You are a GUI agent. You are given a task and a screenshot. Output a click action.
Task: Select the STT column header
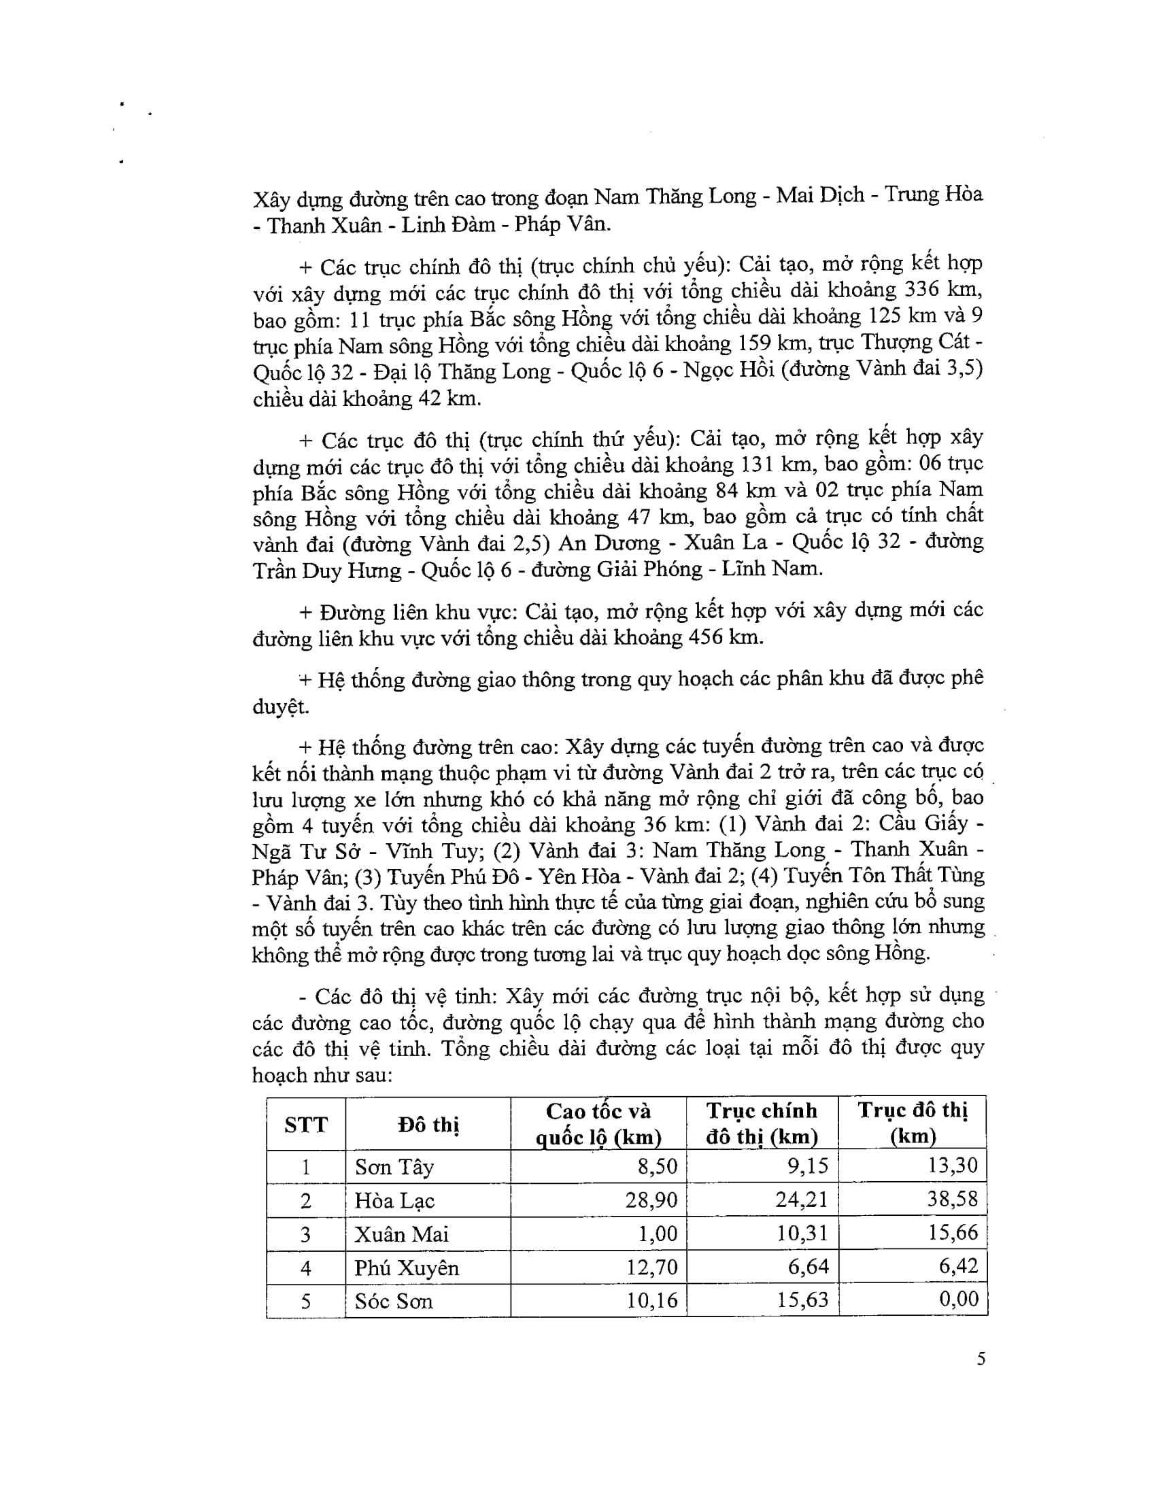(x=305, y=1124)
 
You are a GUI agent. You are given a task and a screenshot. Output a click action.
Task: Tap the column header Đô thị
(x=428, y=1124)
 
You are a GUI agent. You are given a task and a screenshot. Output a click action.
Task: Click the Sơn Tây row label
(x=394, y=1166)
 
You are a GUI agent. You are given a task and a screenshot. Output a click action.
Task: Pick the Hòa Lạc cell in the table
(x=394, y=1200)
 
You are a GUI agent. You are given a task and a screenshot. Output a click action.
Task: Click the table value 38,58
(x=953, y=1199)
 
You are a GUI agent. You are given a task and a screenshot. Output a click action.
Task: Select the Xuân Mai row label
(x=401, y=1234)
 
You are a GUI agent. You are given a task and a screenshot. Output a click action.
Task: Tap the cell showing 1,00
(x=660, y=1234)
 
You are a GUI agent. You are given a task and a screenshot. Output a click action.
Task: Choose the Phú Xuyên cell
(x=406, y=1268)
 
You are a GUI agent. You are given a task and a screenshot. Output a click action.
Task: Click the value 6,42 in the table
(x=959, y=1266)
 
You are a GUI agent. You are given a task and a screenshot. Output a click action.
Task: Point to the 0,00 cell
(x=959, y=1299)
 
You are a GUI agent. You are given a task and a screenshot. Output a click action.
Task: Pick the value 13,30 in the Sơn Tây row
(x=953, y=1165)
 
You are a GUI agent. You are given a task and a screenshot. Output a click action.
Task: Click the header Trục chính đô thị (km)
(x=762, y=1124)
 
